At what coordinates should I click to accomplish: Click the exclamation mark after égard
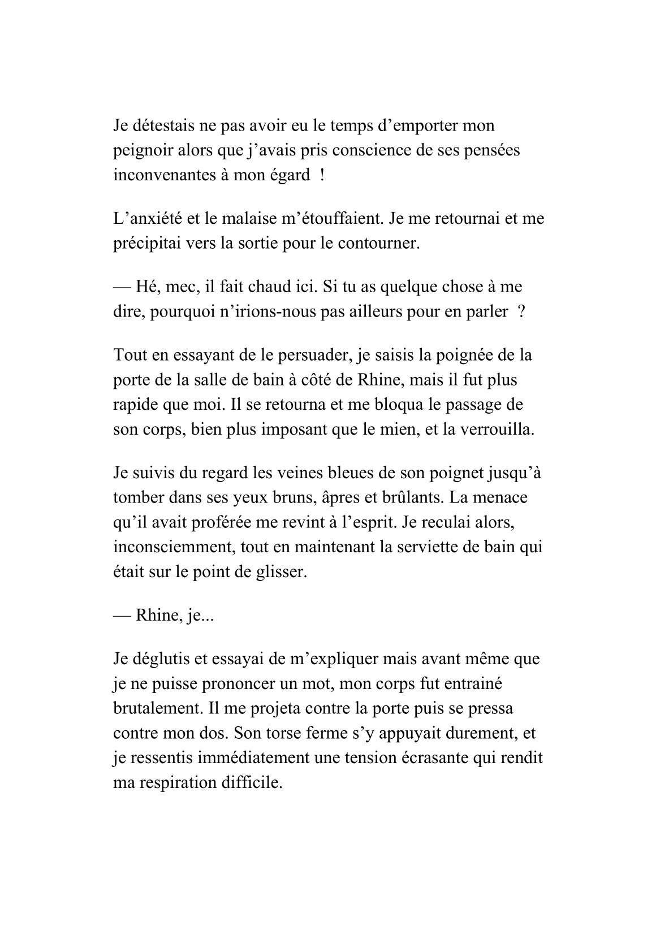[322, 175]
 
